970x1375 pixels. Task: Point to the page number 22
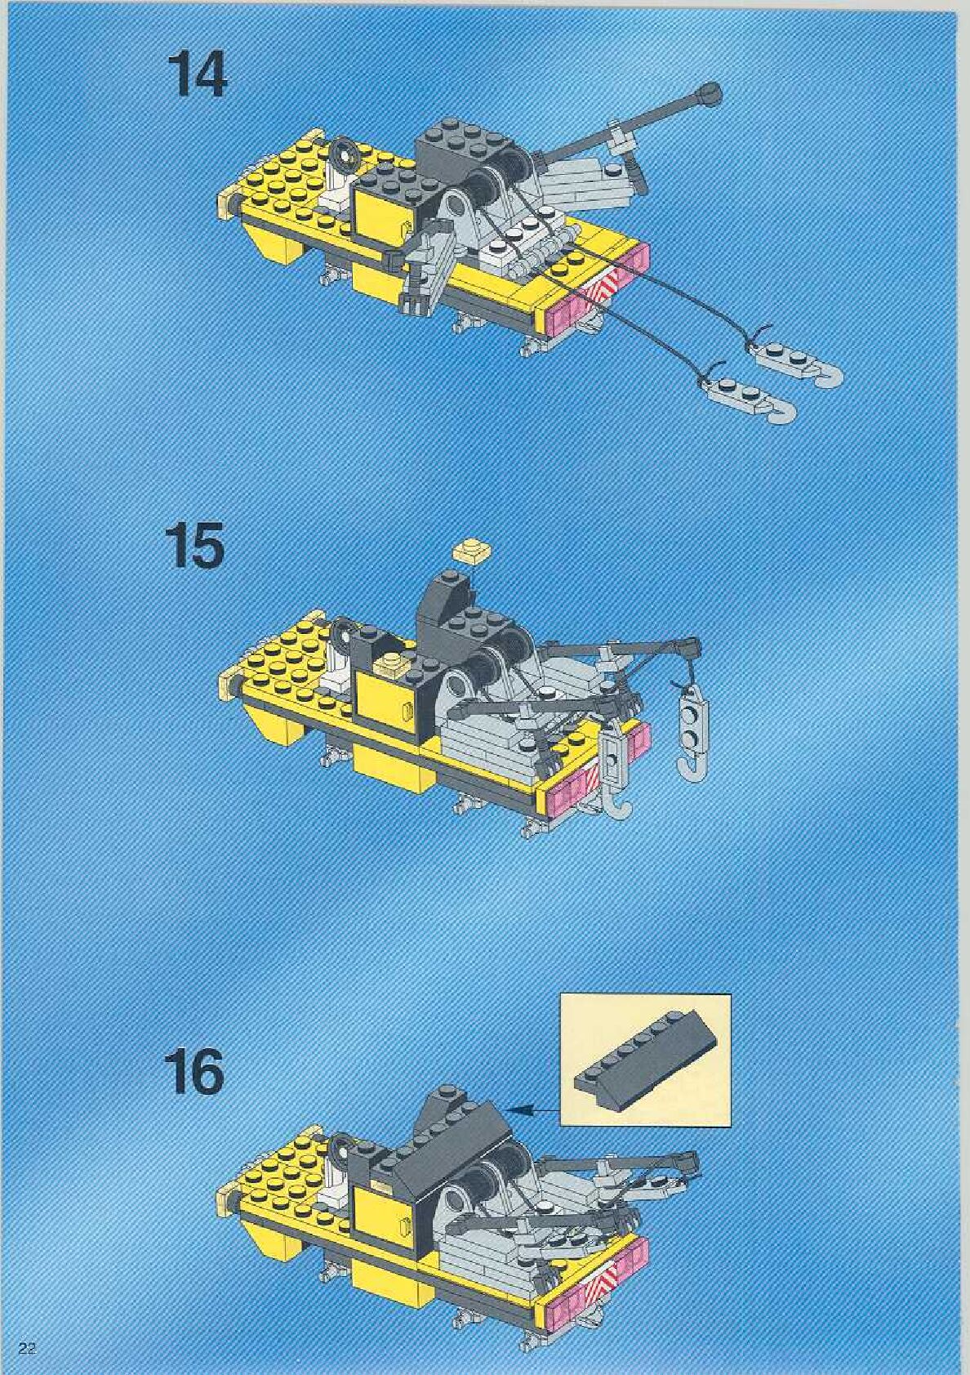(x=27, y=1348)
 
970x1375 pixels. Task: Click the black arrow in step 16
(x=534, y=1109)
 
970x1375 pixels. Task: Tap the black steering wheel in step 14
(x=344, y=152)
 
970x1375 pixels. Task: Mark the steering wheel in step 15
(x=343, y=632)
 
